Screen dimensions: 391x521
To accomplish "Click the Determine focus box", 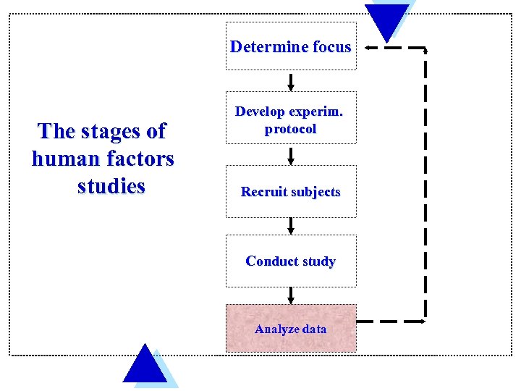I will click(291, 48).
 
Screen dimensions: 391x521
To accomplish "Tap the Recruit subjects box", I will click(291, 192).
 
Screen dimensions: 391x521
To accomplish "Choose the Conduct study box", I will click(291, 261).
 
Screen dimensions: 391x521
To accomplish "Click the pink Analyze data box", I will click(291, 329).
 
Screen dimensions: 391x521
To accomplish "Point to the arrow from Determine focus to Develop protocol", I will click(291, 80).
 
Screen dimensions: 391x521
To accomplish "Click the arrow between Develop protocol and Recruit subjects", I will click(291, 154).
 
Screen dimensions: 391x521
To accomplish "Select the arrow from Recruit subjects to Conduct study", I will click(291, 226).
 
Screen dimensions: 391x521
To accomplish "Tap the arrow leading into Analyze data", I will click(291, 294).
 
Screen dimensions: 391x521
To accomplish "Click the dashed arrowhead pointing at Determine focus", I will click(368, 48).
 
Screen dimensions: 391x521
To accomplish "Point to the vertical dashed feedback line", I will click(425, 181).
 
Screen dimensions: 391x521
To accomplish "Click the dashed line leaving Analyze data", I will click(391, 321).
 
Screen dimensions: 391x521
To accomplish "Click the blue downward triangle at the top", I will click(387, 20).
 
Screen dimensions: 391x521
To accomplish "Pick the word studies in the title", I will click(111, 186).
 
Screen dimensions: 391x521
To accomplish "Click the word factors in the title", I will click(140, 159).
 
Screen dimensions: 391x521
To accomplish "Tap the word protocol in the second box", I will click(291, 129).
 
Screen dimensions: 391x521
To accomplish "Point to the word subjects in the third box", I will click(313, 192).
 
